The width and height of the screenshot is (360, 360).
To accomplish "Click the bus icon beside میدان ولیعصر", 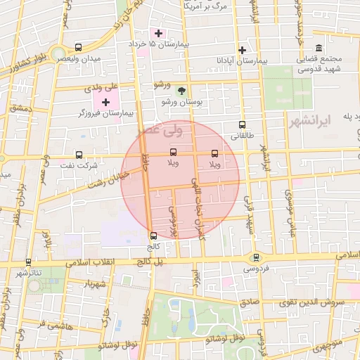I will click(x=77, y=48).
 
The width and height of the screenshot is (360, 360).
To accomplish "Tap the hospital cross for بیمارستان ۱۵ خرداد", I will click(x=158, y=33).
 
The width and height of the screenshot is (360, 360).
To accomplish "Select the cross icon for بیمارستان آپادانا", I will click(x=243, y=50).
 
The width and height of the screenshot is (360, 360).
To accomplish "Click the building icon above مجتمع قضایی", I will click(x=319, y=48).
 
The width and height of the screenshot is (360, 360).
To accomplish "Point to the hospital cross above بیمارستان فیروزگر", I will click(x=105, y=103).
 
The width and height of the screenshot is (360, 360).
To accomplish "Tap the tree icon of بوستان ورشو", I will click(x=181, y=91).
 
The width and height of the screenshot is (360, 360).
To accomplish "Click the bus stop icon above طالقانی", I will click(x=243, y=125).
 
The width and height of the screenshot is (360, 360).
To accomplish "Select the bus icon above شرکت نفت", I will click(x=79, y=155).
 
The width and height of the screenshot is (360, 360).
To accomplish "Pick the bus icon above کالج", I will click(x=154, y=236).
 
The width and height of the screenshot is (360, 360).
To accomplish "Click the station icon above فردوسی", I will click(x=256, y=257).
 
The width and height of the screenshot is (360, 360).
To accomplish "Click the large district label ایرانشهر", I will click(x=309, y=122).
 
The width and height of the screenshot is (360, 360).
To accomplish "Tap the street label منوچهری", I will click(x=328, y=345).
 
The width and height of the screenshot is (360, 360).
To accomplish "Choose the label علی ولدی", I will click(x=103, y=89).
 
